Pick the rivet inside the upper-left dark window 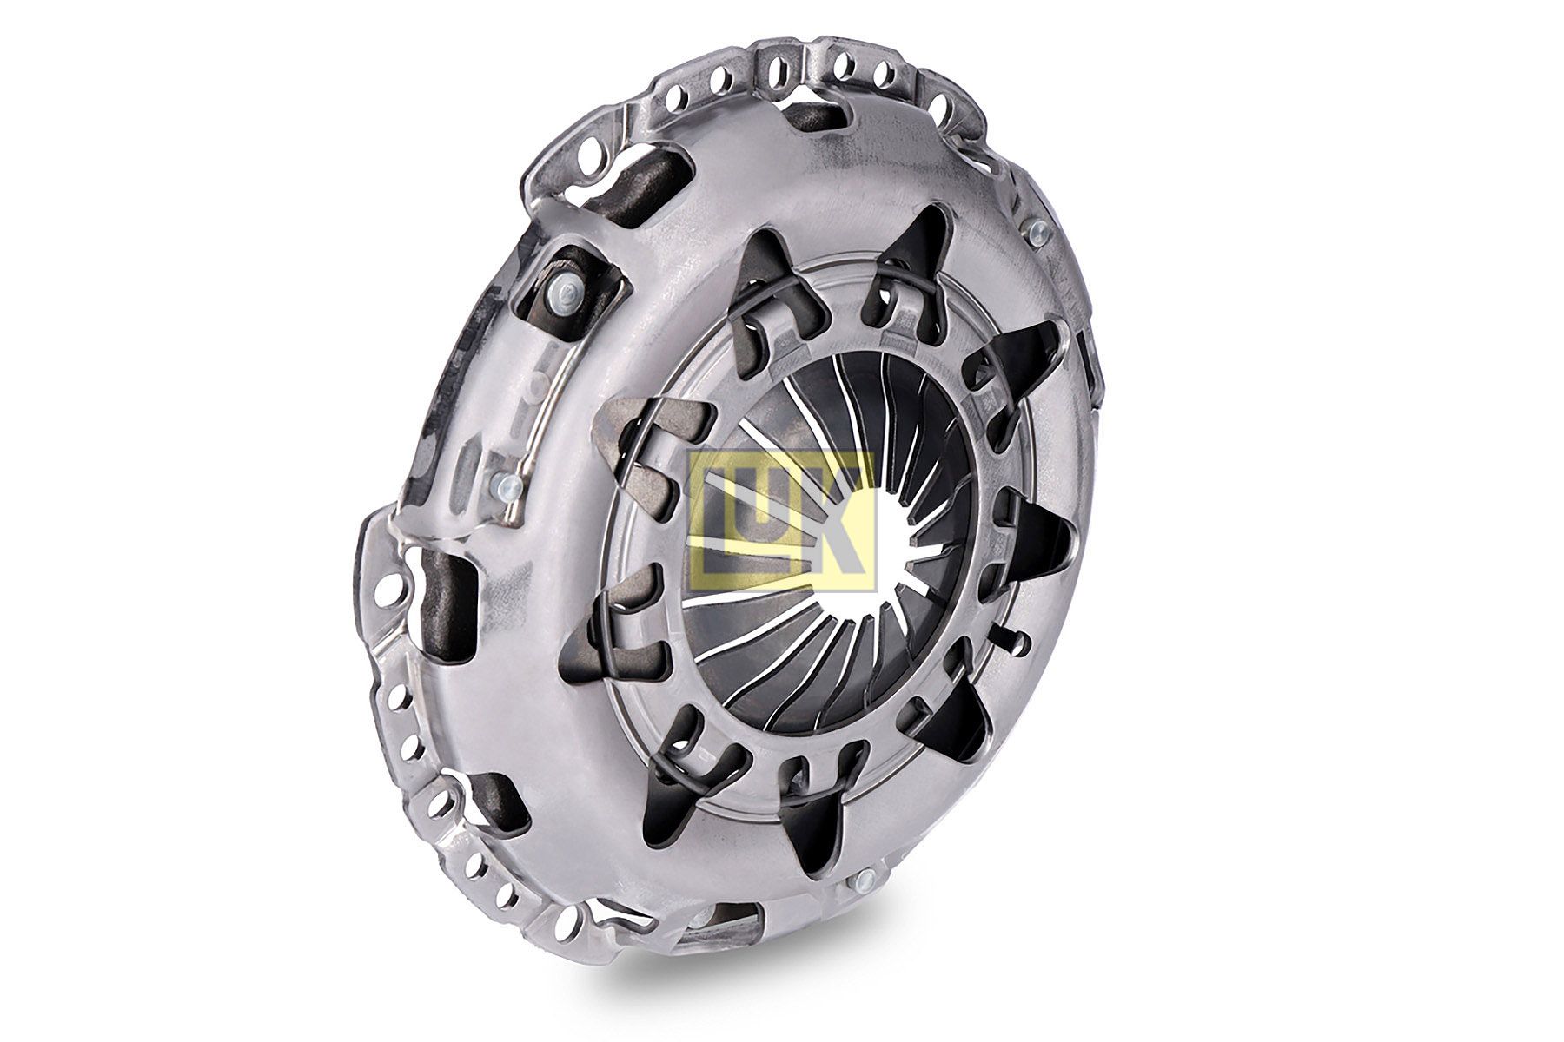tap(566, 296)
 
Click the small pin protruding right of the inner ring tap(1017, 642)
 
